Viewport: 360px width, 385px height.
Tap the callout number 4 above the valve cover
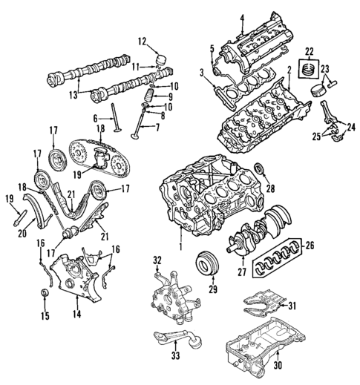pyautogui.click(x=241, y=17)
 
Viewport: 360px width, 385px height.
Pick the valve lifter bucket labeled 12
pyautogui.click(x=160, y=58)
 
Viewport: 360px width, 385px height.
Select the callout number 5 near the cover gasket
pyautogui.click(x=212, y=48)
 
